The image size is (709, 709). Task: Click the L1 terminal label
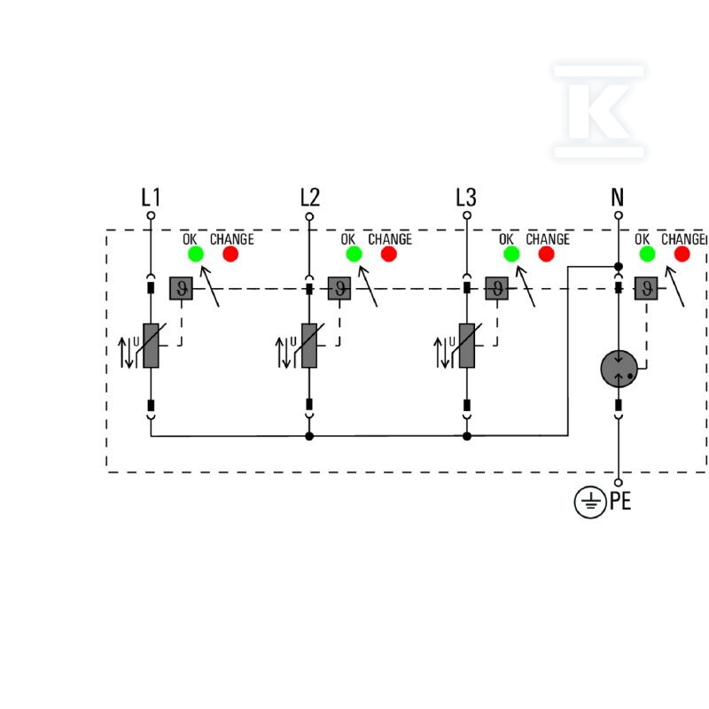pyautogui.click(x=151, y=198)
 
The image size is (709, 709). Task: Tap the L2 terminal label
pyautogui.click(x=309, y=198)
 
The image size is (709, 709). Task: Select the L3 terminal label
pyautogui.click(x=466, y=198)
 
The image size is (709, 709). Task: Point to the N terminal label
pyautogui.click(x=618, y=198)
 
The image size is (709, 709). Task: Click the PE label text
pyautogui.click(x=620, y=501)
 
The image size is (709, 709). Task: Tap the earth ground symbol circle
pyautogui.click(x=590, y=502)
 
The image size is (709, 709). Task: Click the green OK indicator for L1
pyautogui.click(x=196, y=253)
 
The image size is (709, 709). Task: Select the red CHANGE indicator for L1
pyautogui.click(x=230, y=253)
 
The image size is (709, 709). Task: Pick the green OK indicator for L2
pyautogui.click(x=354, y=253)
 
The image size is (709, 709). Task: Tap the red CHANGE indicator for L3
pyautogui.click(x=546, y=253)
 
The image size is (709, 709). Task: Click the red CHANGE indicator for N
pyautogui.click(x=682, y=253)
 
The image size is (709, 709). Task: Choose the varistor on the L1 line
pyautogui.click(x=151, y=346)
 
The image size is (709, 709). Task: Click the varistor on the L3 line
pyautogui.click(x=467, y=346)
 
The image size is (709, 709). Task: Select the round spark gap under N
pyautogui.click(x=619, y=369)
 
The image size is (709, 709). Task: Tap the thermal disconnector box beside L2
pyautogui.click(x=339, y=289)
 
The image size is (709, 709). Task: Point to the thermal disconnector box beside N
pyautogui.click(x=647, y=289)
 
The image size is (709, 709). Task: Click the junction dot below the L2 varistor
pyautogui.click(x=309, y=436)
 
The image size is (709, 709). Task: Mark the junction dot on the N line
pyautogui.click(x=619, y=267)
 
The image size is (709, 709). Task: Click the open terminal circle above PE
pyautogui.click(x=619, y=482)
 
